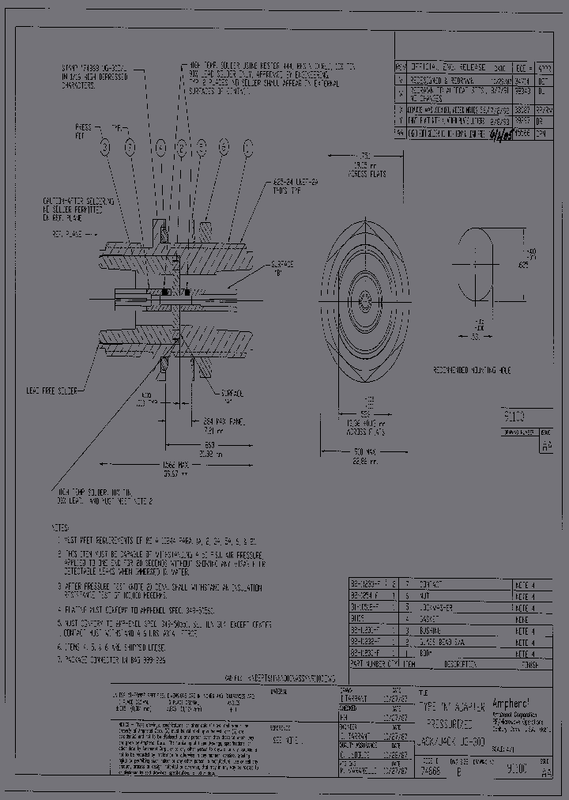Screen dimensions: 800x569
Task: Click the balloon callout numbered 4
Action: tap(160, 146)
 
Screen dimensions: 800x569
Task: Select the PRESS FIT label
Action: tap(83, 130)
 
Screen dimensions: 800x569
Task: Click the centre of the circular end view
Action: tap(365, 297)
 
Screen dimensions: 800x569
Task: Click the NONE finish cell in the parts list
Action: tap(522, 653)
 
